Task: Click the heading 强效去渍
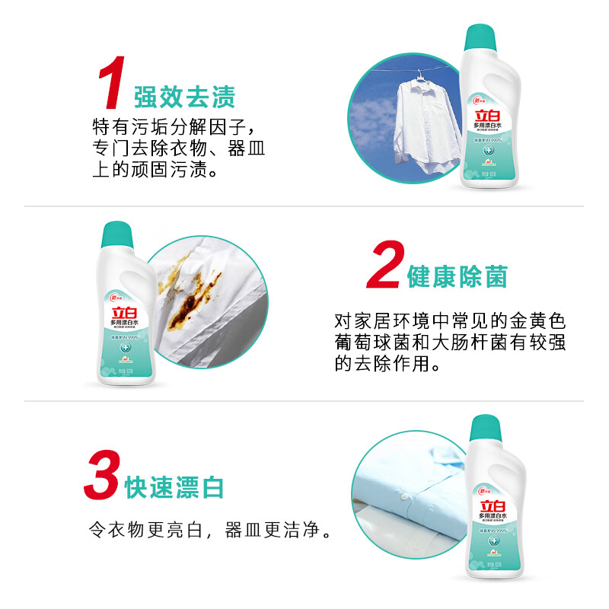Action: tap(185, 97)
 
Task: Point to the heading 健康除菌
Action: tap(457, 277)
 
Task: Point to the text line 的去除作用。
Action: tap(387, 365)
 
